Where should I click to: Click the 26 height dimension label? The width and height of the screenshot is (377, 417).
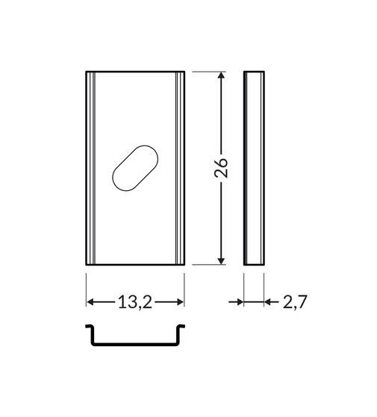tap(221, 168)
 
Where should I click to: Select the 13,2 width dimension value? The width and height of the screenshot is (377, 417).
tap(135, 302)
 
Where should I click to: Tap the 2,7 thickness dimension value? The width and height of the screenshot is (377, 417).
tap(295, 302)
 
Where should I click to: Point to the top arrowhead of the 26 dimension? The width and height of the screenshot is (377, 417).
tap(221, 75)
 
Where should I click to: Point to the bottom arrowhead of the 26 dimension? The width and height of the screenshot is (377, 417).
tap(221, 261)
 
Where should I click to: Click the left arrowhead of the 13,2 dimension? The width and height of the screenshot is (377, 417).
tap(90, 302)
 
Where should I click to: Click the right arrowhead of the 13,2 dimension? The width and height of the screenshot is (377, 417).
tap(181, 302)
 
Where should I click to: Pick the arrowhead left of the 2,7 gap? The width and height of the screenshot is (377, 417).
tap(240, 302)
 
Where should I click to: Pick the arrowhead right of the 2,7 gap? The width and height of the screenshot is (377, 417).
tap(268, 302)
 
